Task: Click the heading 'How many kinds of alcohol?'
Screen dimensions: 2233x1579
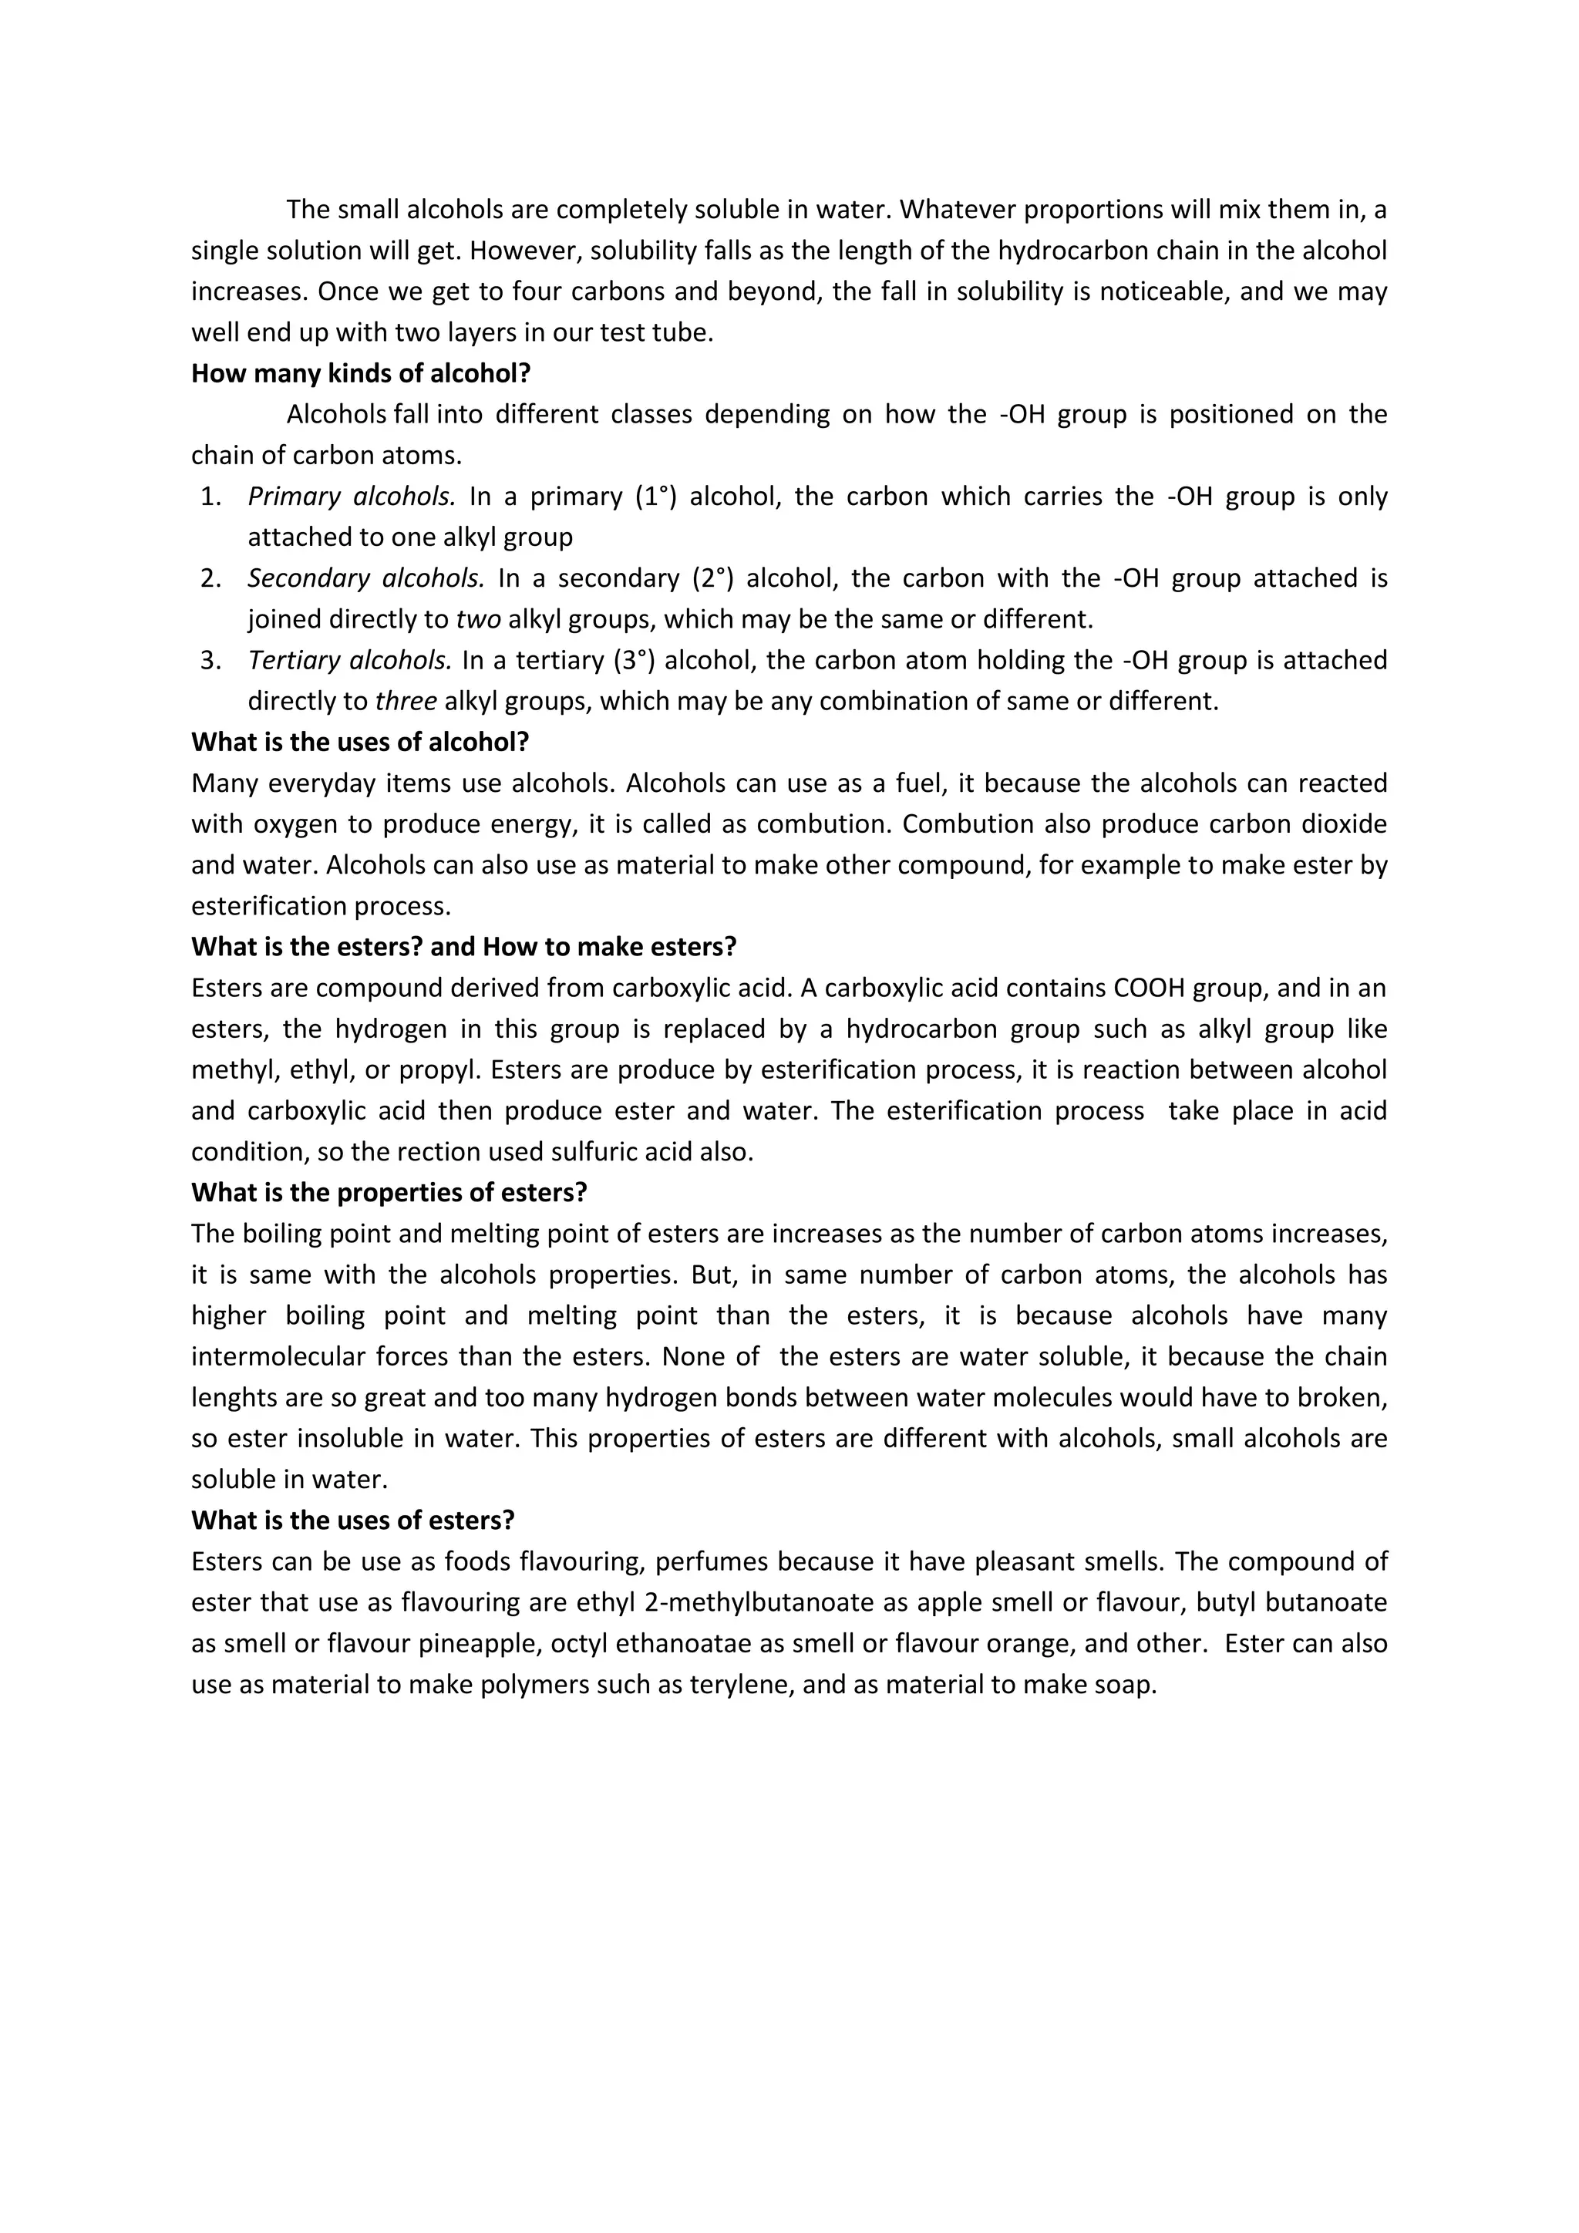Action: tap(361, 373)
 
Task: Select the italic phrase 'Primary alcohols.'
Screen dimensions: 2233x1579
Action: tap(351, 497)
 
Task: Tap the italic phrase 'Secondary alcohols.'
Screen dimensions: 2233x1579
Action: tap(365, 578)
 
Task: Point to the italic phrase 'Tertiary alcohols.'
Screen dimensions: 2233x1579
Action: tap(350, 660)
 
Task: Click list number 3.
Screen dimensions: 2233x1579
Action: tap(210, 660)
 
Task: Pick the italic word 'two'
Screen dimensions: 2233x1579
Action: tap(477, 619)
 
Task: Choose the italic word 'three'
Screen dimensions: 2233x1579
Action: tap(406, 701)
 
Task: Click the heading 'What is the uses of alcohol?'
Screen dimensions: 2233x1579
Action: tap(360, 742)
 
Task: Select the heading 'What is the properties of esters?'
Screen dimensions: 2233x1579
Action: tap(389, 1192)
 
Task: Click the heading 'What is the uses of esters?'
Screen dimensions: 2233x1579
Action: tap(352, 1520)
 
